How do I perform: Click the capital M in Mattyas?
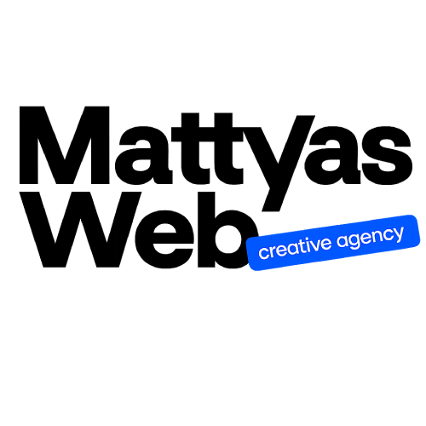coord(64,145)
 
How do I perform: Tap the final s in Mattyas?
coord(387,155)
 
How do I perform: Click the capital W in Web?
coord(88,229)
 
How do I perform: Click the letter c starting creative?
coord(262,253)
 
